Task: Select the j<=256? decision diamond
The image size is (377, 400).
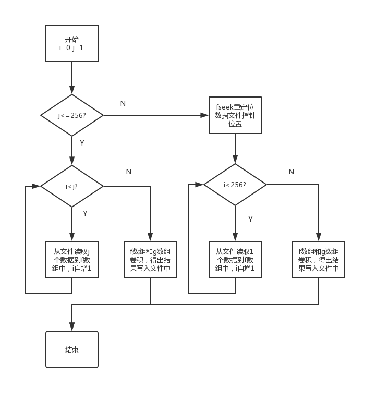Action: [72, 115]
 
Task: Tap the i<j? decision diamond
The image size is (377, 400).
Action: [72, 185]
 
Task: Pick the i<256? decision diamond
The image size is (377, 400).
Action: [235, 185]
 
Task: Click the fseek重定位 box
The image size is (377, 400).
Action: [235, 115]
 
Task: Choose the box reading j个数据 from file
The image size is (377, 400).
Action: [72, 259]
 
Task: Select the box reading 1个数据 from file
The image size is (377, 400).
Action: [235, 259]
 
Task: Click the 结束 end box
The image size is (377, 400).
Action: [72, 349]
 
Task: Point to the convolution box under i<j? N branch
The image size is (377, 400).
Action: [150, 259]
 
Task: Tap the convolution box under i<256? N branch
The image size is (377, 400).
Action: [319, 259]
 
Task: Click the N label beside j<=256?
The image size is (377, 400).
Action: [123, 103]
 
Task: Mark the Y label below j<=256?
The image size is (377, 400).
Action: [81, 142]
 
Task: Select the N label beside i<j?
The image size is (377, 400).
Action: [129, 172]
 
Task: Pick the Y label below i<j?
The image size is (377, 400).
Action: [85, 213]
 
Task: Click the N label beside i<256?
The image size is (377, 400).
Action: [291, 172]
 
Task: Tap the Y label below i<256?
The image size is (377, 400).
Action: [250, 219]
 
